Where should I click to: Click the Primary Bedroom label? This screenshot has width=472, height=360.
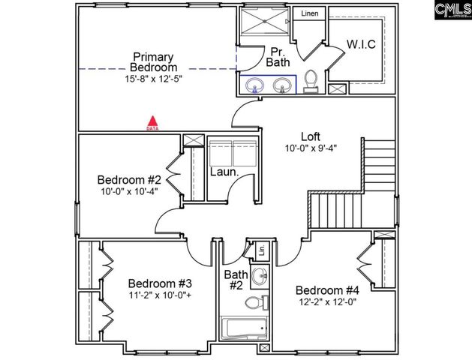pyautogui.click(x=153, y=62)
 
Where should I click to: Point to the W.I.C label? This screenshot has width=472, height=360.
pyautogui.click(x=361, y=45)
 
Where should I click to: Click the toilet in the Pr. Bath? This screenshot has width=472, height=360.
pyautogui.click(x=311, y=79)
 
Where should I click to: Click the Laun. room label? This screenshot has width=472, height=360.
pyautogui.click(x=224, y=172)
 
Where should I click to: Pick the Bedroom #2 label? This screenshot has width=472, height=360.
pyautogui.click(x=129, y=180)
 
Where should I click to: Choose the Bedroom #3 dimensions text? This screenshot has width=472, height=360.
pyautogui.click(x=160, y=296)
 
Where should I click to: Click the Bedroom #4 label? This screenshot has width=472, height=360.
pyautogui.click(x=327, y=290)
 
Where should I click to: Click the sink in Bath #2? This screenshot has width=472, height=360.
pyautogui.click(x=260, y=275)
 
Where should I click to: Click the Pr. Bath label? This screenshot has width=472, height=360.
pyautogui.click(x=278, y=57)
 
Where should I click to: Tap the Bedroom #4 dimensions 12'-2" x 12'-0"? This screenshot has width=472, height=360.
pyautogui.click(x=327, y=302)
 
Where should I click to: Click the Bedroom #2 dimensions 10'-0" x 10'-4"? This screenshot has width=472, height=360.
pyautogui.click(x=129, y=193)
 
